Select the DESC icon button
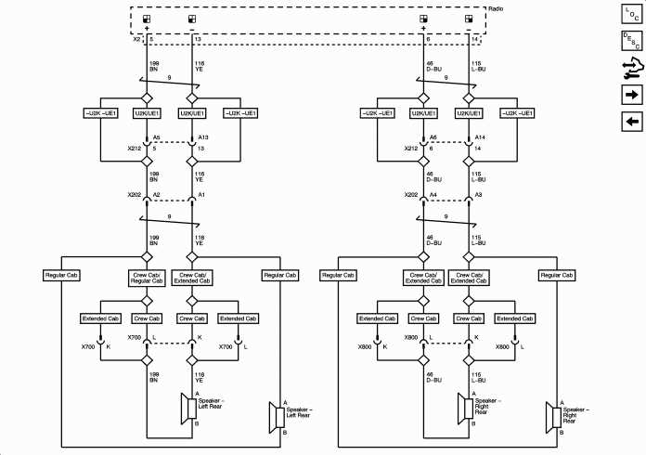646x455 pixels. point(631,41)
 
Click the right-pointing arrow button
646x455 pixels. point(631,95)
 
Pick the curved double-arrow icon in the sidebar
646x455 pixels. point(631,68)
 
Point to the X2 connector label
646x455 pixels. point(136,40)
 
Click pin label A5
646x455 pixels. point(157,136)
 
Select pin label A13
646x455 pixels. point(204,136)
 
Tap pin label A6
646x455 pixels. point(434,136)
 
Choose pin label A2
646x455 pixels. point(157,196)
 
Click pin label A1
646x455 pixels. point(202,196)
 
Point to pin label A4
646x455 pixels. point(434,196)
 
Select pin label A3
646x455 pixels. point(480,196)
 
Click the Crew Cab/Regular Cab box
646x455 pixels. point(146,279)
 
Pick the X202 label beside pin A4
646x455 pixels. point(413,196)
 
